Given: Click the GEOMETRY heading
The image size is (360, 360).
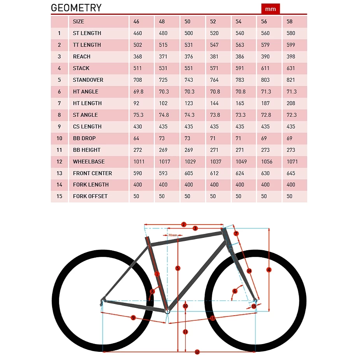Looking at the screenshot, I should click(76, 8).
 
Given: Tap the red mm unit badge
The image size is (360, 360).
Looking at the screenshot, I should click(270, 9).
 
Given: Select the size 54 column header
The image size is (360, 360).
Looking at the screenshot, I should click(240, 21).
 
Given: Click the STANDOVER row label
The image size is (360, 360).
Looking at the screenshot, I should click(88, 80).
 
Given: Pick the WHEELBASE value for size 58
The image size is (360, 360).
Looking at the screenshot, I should click(291, 162).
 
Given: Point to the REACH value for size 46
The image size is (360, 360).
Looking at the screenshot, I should click(137, 56).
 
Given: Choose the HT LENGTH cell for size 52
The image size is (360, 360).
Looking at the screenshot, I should click(214, 103).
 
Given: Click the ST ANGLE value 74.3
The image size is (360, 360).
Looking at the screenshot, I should click(189, 115).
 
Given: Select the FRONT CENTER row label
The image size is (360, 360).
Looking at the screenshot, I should click(92, 173).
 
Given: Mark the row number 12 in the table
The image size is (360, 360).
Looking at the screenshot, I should click(59, 162).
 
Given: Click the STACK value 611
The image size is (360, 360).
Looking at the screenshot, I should click(265, 68).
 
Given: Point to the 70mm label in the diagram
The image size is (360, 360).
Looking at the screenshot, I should click(172, 235).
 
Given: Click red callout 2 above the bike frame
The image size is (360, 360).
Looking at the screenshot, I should click(184, 224).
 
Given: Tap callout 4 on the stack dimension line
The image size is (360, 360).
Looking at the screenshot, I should click(269, 270).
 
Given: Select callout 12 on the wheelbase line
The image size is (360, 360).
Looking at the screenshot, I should click(197, 352).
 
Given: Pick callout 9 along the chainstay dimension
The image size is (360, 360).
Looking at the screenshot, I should click(133, 318).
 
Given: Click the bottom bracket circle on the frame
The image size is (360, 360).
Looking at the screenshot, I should click(167, 311).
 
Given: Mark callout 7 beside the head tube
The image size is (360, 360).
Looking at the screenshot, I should click(236, 234).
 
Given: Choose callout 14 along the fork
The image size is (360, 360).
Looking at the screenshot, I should click(249, 271).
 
